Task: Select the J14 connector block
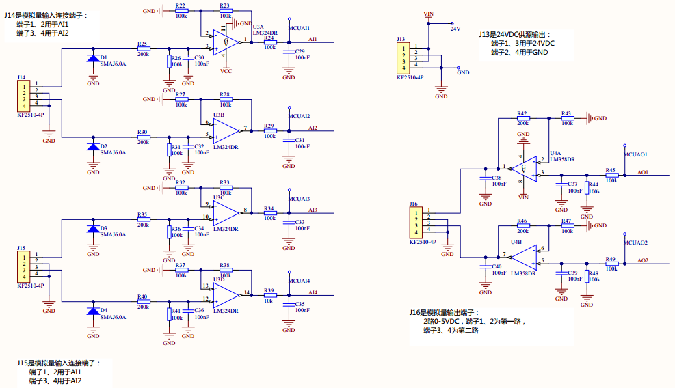[x=24, y=96]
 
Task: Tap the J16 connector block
[x=416, y=223]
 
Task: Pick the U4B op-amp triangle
[x=525, y=258]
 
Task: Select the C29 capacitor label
[x=300, y=52]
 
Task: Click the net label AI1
[x=313, y=40]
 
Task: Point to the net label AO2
[x=643, y=260]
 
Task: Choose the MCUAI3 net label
[x=299, y=199]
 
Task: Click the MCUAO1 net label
[x=635, y=154]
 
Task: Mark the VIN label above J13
[x=429, y=14]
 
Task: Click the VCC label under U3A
[x=226, y=71]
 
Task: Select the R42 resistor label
[x=522, y=113]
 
